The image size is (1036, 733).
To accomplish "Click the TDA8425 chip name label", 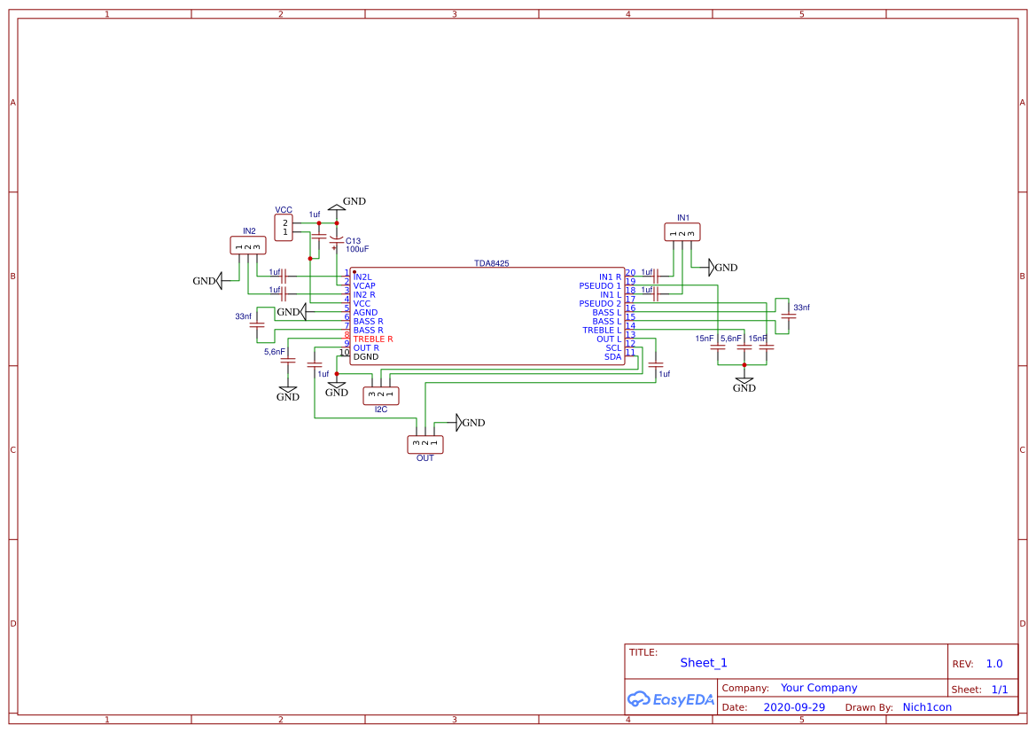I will (x=491, y=264).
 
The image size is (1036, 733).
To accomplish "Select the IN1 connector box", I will (x=682, y=232).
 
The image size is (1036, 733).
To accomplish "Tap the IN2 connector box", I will (x=247, y=246).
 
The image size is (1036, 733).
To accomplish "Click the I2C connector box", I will (x=380, y=395).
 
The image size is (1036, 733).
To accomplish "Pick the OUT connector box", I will (x=425, y=443).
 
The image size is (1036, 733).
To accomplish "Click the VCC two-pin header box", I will (x=284, y=228).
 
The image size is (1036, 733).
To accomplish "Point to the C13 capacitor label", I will (x=353, y=241).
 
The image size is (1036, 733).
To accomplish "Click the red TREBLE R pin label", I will (x=372, y=339).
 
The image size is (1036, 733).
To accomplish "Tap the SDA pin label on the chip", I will (x=612, y=357).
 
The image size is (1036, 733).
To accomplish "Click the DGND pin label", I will (x=365, y=357).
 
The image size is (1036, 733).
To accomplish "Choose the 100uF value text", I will (x=357, y=250).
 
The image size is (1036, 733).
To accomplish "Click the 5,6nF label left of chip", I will (x=273, y=352).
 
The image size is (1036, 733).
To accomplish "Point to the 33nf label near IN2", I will (x=243, y=316).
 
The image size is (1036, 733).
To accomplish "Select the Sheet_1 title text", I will (x=703, y=663).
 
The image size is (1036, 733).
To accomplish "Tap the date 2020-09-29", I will (x=793, y=707).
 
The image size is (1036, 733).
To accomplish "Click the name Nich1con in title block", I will (x=926, y=707).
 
